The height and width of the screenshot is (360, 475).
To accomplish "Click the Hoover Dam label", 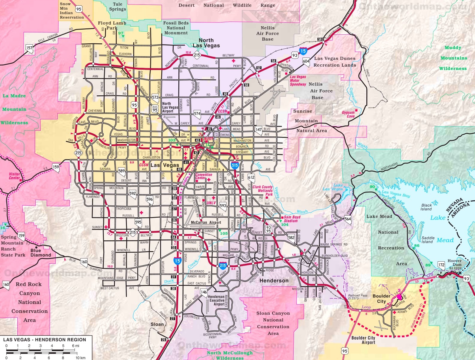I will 454,263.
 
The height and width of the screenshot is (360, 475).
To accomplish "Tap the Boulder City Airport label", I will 363,340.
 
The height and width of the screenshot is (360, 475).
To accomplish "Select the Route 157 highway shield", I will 29,48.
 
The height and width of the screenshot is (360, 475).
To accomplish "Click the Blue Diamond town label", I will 40,253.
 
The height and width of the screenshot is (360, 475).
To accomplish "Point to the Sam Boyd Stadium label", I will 292,219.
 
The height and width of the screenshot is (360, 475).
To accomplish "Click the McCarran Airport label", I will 206,222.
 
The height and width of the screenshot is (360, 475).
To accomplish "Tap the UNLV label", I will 211,203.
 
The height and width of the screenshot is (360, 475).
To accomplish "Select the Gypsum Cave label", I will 348,114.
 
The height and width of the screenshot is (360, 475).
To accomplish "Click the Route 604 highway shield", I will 306,61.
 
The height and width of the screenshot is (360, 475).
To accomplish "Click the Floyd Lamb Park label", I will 112,25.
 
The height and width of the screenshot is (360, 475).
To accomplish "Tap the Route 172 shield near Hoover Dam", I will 441,265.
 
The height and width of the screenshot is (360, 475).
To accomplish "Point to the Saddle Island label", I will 428,240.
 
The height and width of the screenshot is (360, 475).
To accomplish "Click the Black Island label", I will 426,207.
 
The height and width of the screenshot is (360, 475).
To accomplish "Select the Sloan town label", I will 157,324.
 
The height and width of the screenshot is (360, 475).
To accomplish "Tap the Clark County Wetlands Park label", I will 262,190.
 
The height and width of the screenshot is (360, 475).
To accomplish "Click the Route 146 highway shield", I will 204,292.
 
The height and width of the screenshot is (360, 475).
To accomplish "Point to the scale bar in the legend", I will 42,352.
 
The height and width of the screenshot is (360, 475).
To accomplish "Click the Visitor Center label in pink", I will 14,176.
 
